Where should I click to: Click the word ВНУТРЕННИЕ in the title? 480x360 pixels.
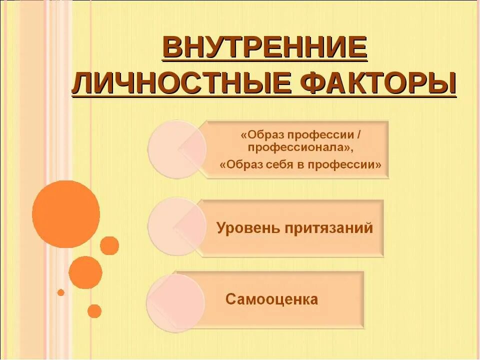click(264, 48)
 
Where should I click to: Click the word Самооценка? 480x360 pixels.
click(271, 299)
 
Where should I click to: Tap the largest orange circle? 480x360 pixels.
click(65, 214)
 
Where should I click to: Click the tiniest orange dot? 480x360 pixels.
click(61, 292)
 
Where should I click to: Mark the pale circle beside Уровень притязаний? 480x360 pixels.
click(176, 226)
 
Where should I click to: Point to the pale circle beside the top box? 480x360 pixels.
click(176, 149)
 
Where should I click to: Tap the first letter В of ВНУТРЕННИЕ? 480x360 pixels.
click(173, 48)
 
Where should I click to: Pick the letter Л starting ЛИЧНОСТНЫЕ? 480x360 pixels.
click(83, 83)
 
